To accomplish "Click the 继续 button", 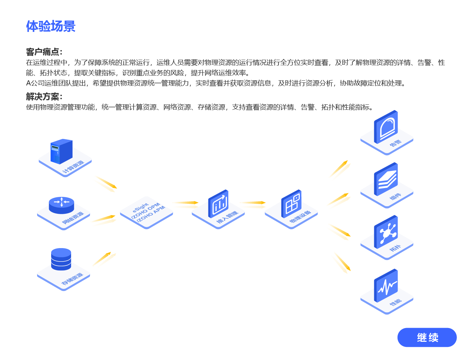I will (427, 337).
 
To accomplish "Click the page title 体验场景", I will (51, 26).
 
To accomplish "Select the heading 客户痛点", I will (44, 52).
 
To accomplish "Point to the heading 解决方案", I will (44, 97).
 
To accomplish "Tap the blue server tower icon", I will (61, 151).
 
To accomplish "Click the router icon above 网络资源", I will (61, 205).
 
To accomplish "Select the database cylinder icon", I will (61, 259).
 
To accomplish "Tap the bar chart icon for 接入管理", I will (218, 204).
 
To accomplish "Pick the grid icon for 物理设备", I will (291, 204).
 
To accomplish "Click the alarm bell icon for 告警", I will (386, 127).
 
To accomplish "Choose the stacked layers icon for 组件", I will (386, 179).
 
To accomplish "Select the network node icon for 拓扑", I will (386, 232).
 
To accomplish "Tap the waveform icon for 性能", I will (386, 286).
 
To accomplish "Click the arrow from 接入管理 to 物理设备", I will (253, 203).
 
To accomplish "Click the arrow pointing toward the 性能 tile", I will (343, 263).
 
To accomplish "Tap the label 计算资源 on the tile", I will (73, 166).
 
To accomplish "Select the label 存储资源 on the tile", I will (72, 279).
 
